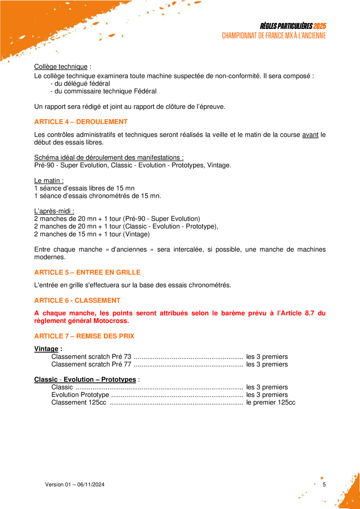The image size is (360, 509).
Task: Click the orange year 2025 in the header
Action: click(x=320, y=26)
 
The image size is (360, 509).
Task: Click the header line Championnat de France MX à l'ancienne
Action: click(x=274, y=36)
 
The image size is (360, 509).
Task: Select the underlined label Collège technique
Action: click(x=61, y=67)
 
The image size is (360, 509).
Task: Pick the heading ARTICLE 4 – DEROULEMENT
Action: click(x=81, y=122)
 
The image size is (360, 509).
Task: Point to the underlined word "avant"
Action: click(x=310, y=135)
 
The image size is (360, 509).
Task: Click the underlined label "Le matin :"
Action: click(x=49, y=181)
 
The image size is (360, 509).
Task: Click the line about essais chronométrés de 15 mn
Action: click(x=98, y=196)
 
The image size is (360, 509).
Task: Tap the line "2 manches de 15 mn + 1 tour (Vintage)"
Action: click(x=92, y=235)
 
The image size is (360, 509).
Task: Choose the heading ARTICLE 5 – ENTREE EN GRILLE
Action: click(x=87, y=272)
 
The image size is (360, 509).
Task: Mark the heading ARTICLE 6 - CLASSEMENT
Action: click(x=77, y=300)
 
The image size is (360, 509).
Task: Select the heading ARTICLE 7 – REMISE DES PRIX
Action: click(x=84, y=336)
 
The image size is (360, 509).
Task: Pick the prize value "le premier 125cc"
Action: click(x=271, y=402)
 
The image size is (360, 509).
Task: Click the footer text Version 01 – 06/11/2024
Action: click(x=75, y=485)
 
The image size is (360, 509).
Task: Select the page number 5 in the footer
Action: click(x=324, y=485)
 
